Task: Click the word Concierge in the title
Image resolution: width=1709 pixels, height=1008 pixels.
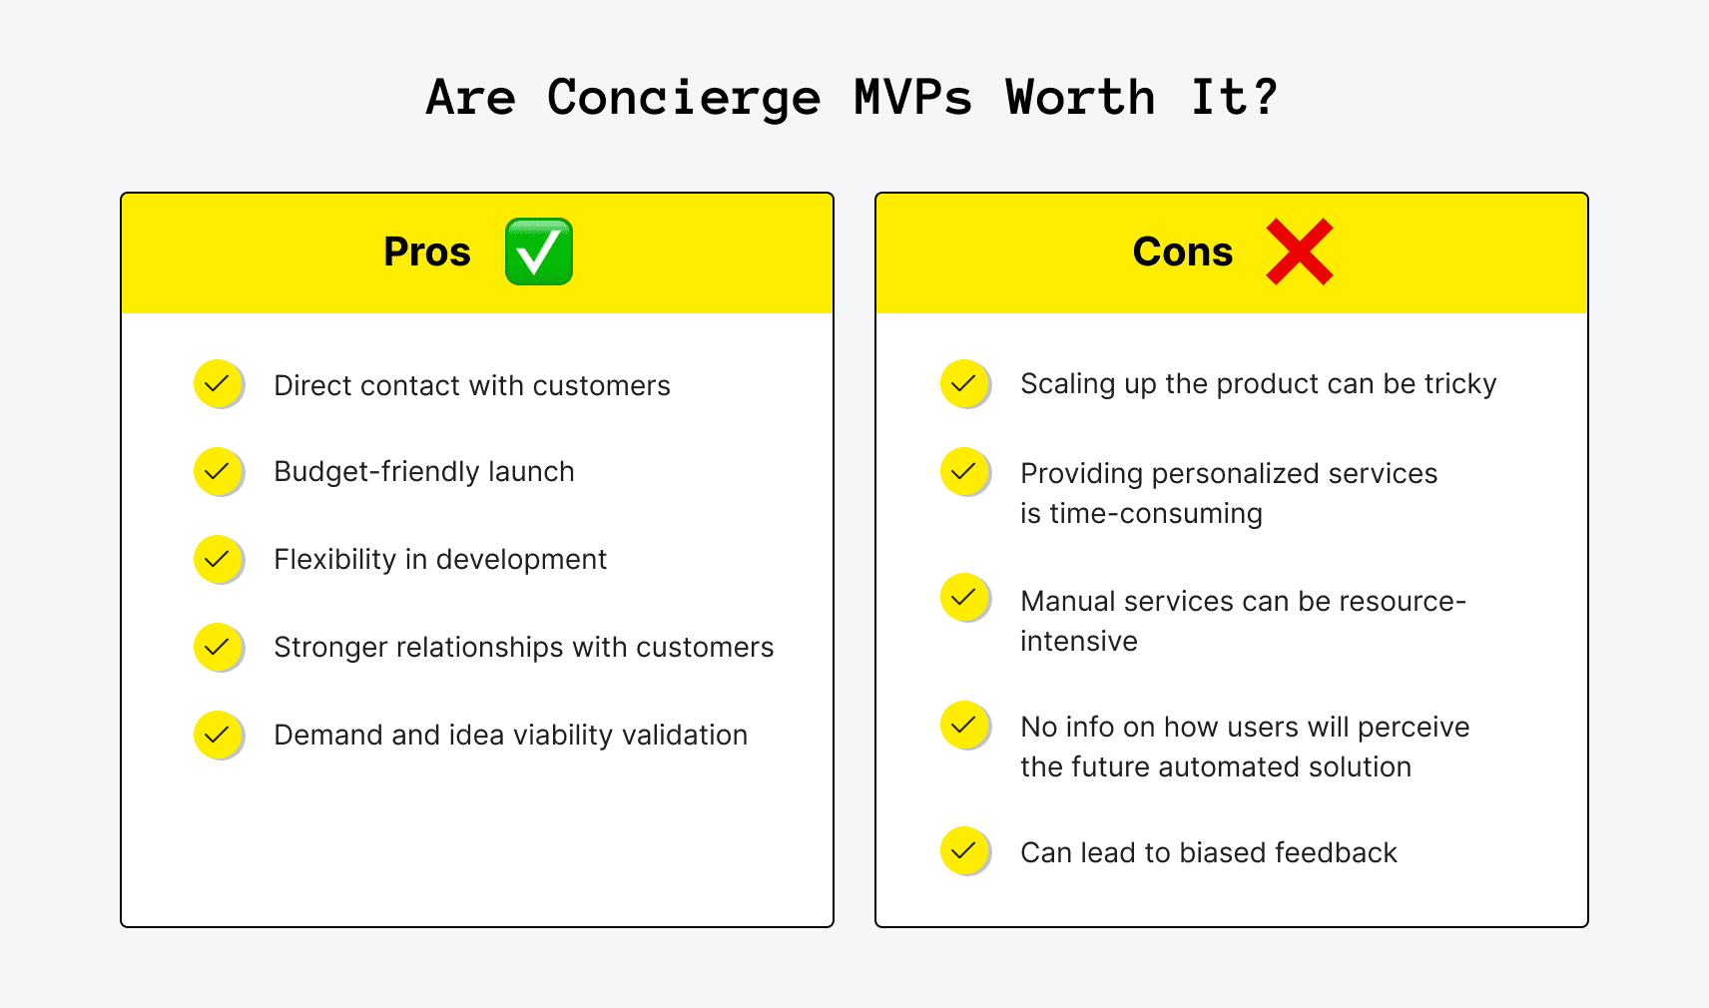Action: tap(683, 99)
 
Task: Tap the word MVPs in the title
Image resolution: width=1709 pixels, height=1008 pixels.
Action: tap(912, 99)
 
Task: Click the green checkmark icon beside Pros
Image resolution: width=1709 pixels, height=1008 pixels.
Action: tap(539, 252)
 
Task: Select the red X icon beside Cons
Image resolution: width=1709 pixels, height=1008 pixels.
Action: tap(1299, 252)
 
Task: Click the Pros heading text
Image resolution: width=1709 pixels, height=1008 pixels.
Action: tap(427, 252)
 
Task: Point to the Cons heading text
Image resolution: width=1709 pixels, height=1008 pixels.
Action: tap(1183, 252)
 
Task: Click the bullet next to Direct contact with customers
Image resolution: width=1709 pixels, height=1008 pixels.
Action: tap(218, 383)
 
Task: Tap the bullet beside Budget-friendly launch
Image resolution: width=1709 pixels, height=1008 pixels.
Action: tap(218, 471)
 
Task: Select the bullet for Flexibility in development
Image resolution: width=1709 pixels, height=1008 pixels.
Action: tap(218, 559)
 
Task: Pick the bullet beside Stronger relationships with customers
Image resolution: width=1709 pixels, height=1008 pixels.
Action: tap(218, 647)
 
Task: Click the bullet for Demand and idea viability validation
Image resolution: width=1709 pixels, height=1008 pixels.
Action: tap(218, 735)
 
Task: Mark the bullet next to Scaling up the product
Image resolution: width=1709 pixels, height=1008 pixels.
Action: tap(964, 383)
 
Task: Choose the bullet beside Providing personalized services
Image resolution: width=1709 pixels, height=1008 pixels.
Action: tap(964, 471)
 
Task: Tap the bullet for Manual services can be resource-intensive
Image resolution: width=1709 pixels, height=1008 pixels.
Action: tap(964, 597)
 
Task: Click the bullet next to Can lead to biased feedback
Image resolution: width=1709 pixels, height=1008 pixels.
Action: tap(964, 850)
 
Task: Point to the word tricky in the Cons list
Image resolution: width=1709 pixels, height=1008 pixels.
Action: tap(1460, 384)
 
